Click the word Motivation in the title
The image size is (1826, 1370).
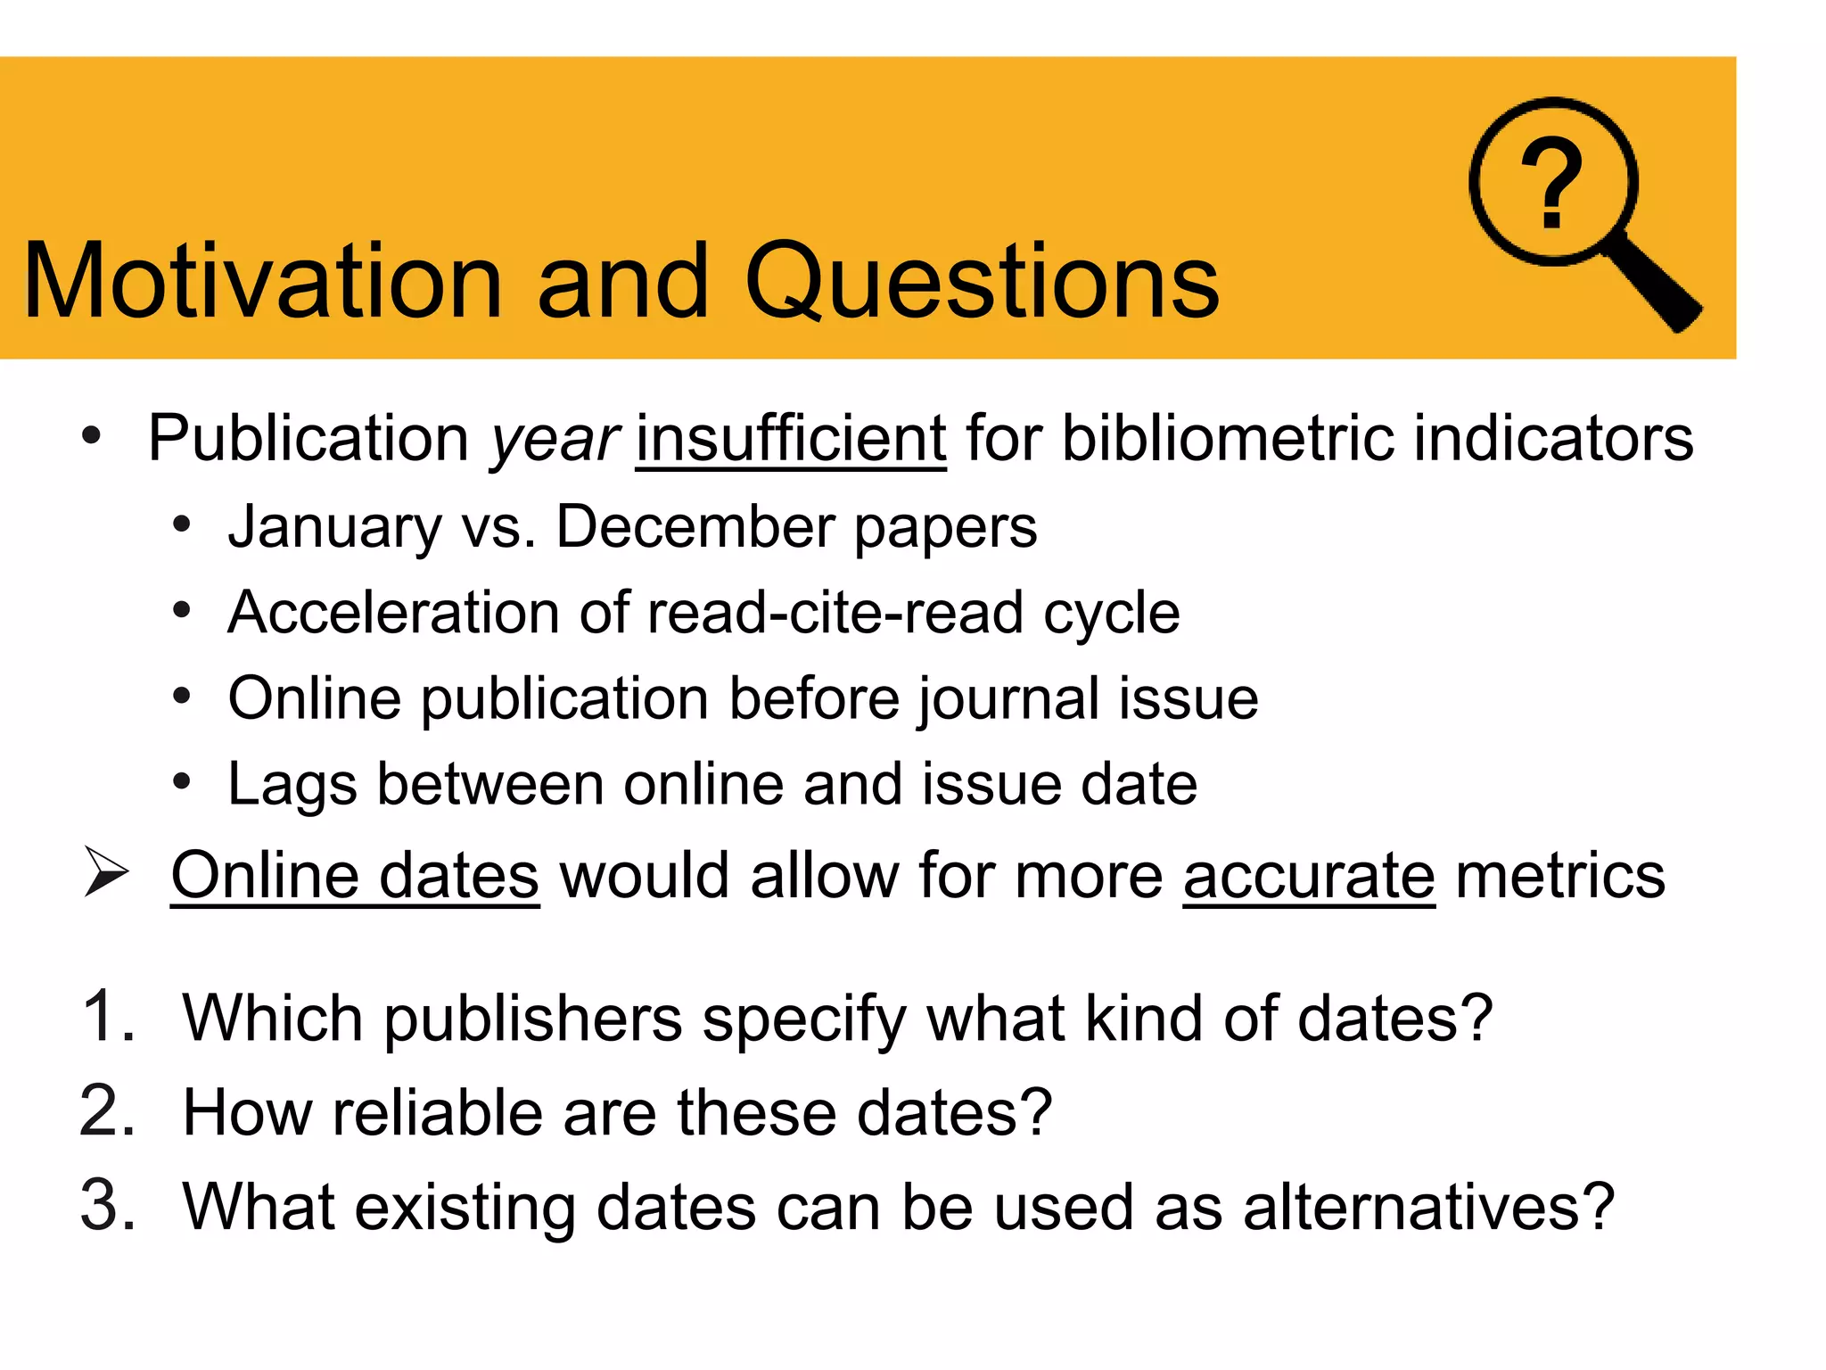[263, 281]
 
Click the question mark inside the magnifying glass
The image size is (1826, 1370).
[1551, 184]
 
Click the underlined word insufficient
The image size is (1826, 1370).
[790, 439]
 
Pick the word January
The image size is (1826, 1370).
[334, 526]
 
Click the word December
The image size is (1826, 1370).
[695, 526]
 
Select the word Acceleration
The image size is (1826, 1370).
[393, 613]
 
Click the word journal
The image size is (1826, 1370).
[1008, 698]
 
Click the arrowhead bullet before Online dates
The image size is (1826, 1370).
[106, 871]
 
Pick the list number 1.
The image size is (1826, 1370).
[107, 1016]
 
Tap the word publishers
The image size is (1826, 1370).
[532, 1019]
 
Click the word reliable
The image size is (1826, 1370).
[437, 1112]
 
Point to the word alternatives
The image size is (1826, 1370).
[1428, 1207]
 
